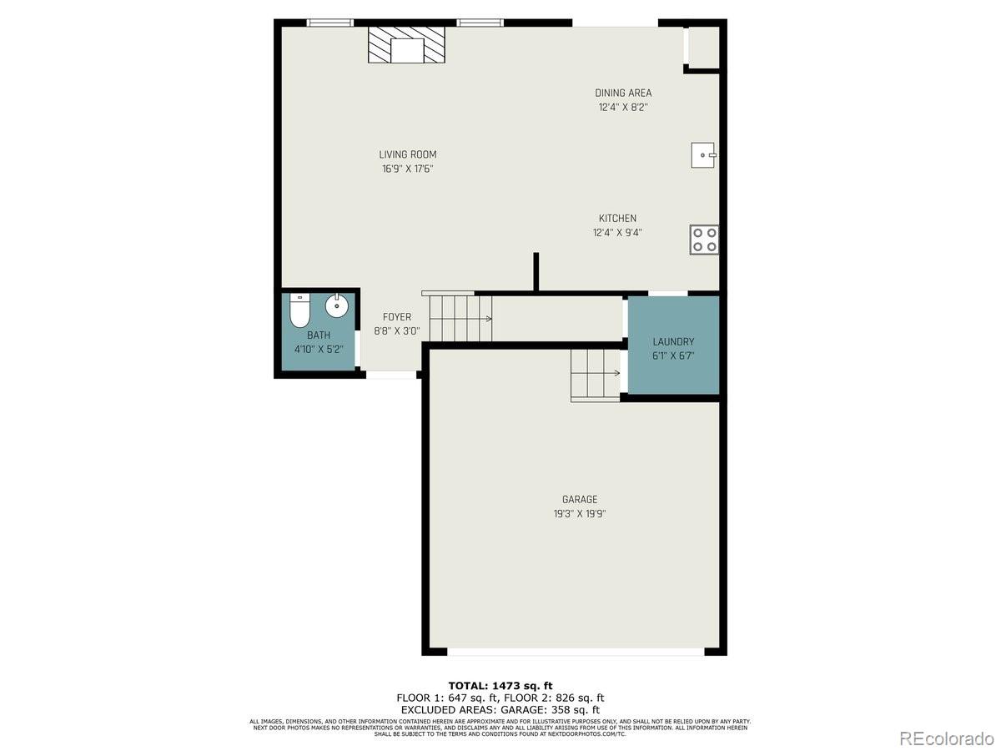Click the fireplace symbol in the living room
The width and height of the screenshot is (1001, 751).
[x=407, y=45]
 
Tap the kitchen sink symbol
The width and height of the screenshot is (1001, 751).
[x=704, y=155]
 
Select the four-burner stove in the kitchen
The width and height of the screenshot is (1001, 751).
[x=704, y=239]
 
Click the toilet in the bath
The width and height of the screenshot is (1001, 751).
[x=300, y=310]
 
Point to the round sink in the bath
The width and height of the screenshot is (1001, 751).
[x=337, y=305]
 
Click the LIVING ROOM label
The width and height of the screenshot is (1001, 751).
[x=407, y=154]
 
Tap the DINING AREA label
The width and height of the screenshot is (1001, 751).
[x=623, y=93]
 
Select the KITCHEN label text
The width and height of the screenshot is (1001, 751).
[x=617, y=219]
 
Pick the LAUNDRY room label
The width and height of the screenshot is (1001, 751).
[x=673, y=342]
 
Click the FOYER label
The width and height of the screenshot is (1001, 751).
[x=397, y=317]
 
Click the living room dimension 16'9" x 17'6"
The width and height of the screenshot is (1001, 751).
[x=407, y=169]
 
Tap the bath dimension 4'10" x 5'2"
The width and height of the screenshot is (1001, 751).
[x=319, y=349]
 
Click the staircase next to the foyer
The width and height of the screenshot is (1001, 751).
[x=459, y=318]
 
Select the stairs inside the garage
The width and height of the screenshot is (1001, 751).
[x=596, y=374]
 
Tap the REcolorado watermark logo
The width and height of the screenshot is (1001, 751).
[x=946, y=738]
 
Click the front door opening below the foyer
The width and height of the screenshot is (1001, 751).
[x=391, y=375]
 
